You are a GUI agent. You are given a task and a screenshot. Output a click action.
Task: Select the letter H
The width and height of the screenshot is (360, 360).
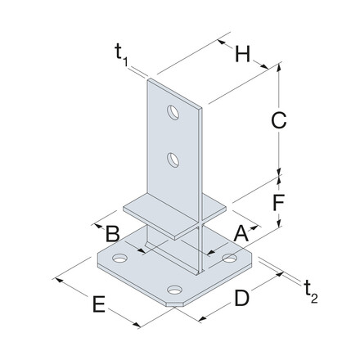pyautogui.click(x=242, y=56)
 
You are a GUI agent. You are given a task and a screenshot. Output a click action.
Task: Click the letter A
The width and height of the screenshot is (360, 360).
pyautogui.click(x=240, y=233)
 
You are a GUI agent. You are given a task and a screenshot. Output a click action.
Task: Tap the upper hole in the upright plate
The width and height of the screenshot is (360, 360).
pyautogui.click(x=174, y=110)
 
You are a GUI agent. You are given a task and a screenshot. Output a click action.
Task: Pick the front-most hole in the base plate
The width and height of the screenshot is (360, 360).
pyautogui.click(x=174, y=289)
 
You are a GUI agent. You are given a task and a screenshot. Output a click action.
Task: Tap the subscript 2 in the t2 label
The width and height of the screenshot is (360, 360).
pyautogui.click(x=313, y=295)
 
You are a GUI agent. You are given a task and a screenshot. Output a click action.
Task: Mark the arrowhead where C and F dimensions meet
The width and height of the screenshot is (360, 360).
pyautogui.click(x=279, y=173)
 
